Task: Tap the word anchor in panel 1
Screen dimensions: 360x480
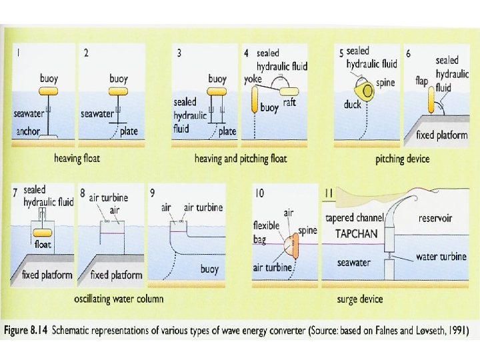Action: (x=28, y=131)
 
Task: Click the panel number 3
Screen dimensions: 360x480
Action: (x=178, y=53)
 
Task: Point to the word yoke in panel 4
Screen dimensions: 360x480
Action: (x=253, y=79)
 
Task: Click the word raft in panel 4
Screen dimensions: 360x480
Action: (x=289, y=103)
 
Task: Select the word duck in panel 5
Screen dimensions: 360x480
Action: (x=353, y=105)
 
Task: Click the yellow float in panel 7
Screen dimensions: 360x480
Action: (x=43, y=233)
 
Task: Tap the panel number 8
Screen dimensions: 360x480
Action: (x=83, y=194)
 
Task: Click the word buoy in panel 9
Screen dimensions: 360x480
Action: (x=210, y=270)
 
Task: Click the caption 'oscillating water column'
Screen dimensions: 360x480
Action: (x=119, y=298)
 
